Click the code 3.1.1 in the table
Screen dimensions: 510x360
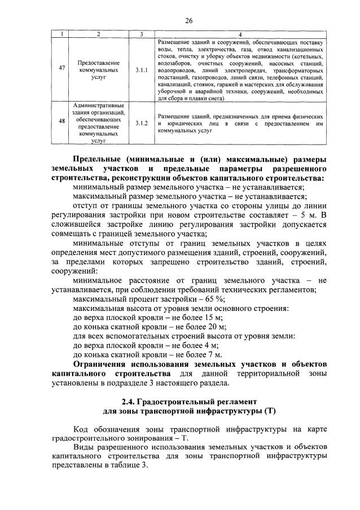tap(142, 69)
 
